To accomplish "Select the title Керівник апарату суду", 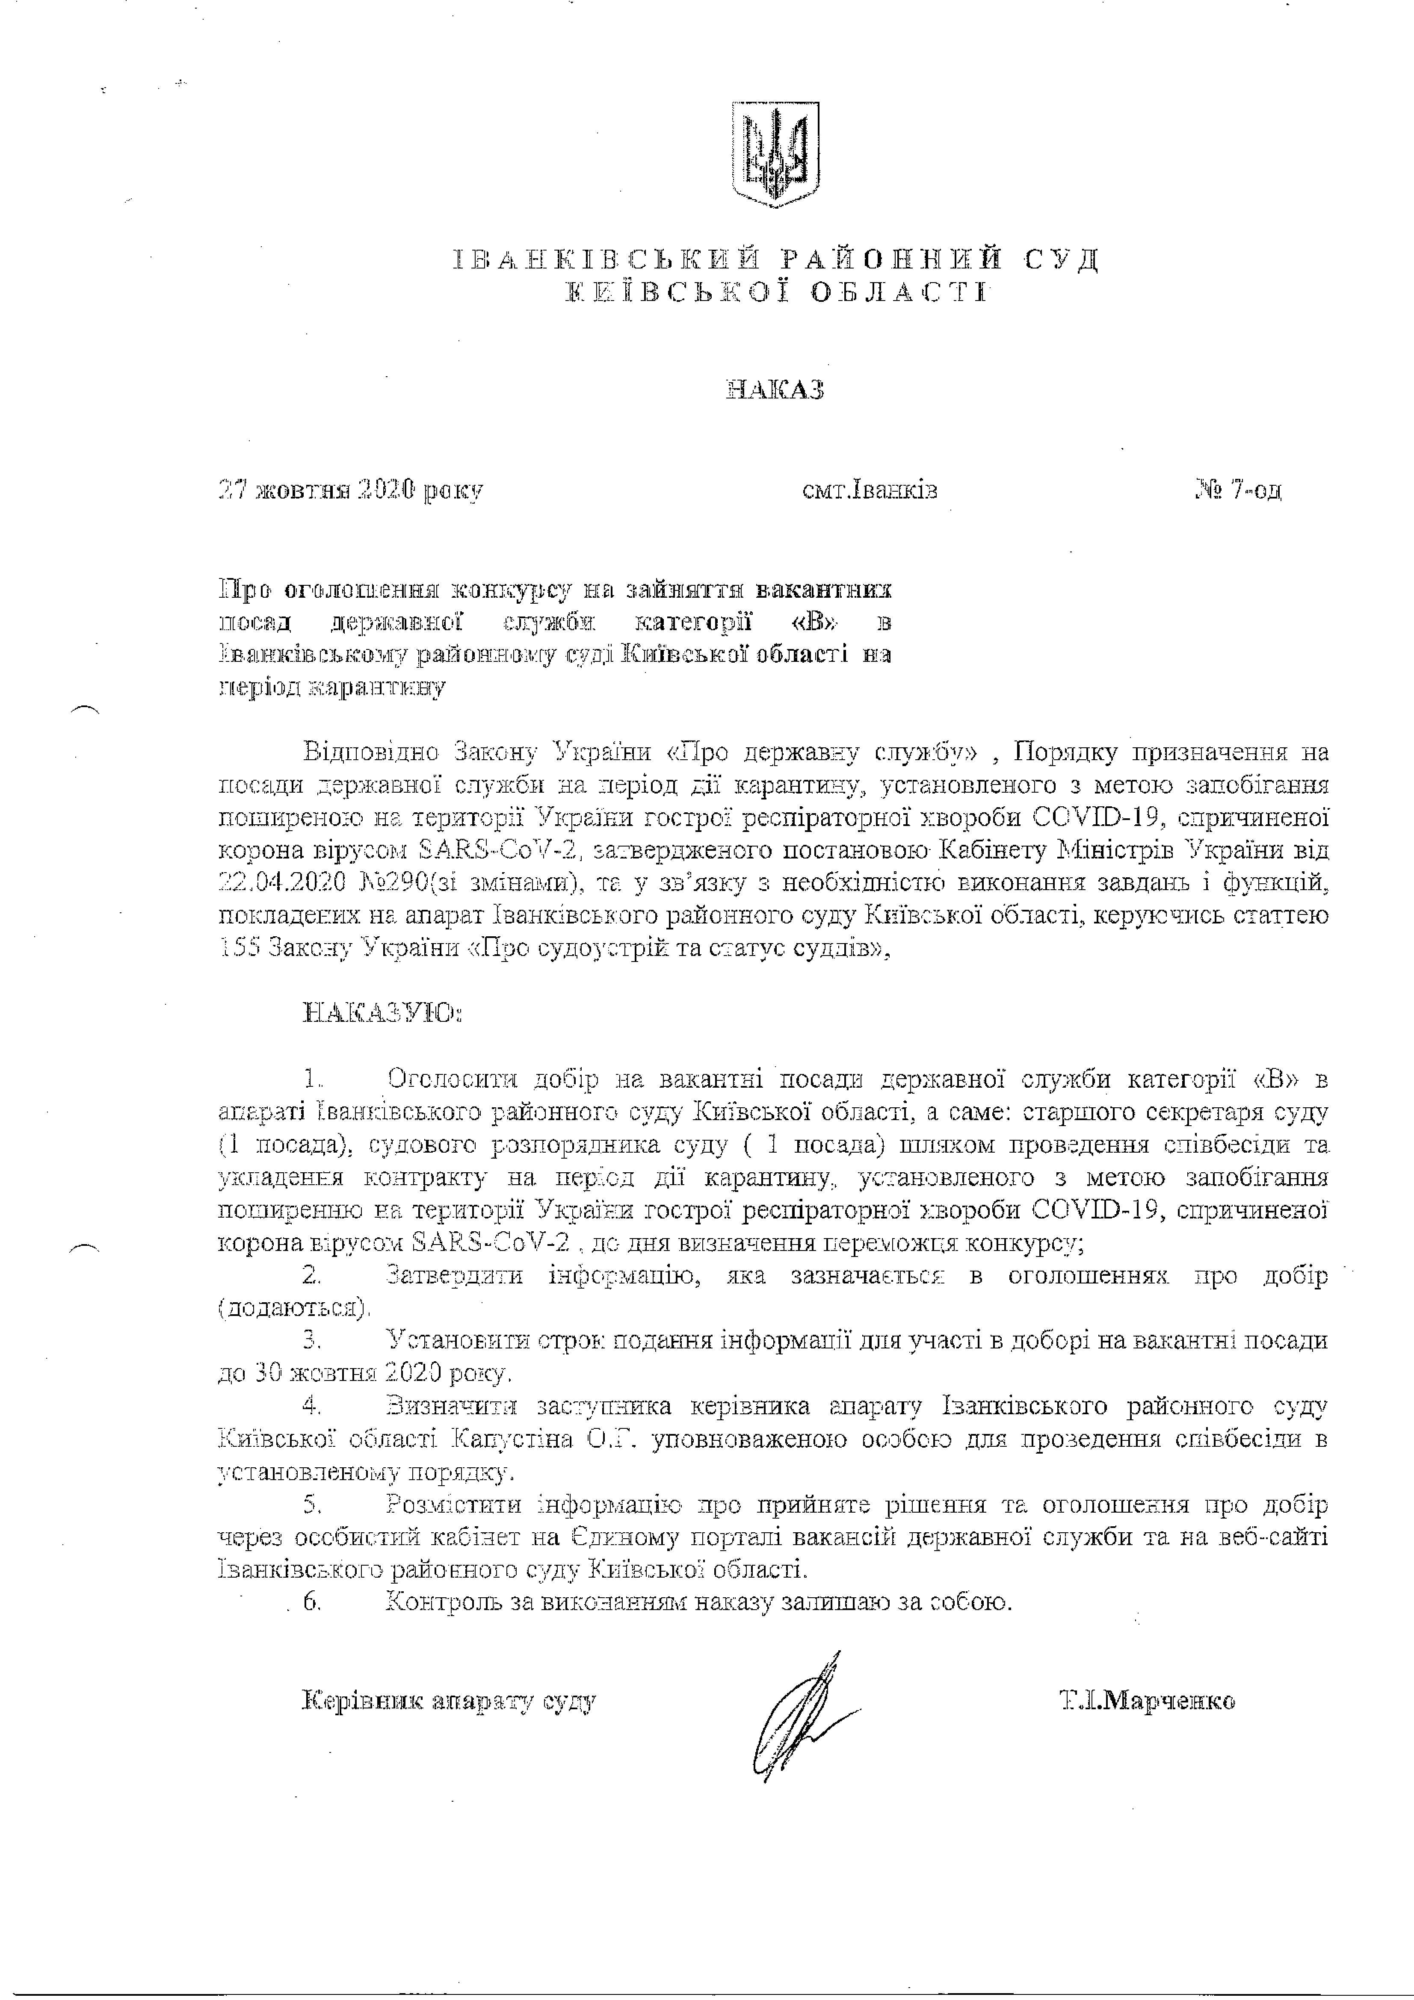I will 449,1701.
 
